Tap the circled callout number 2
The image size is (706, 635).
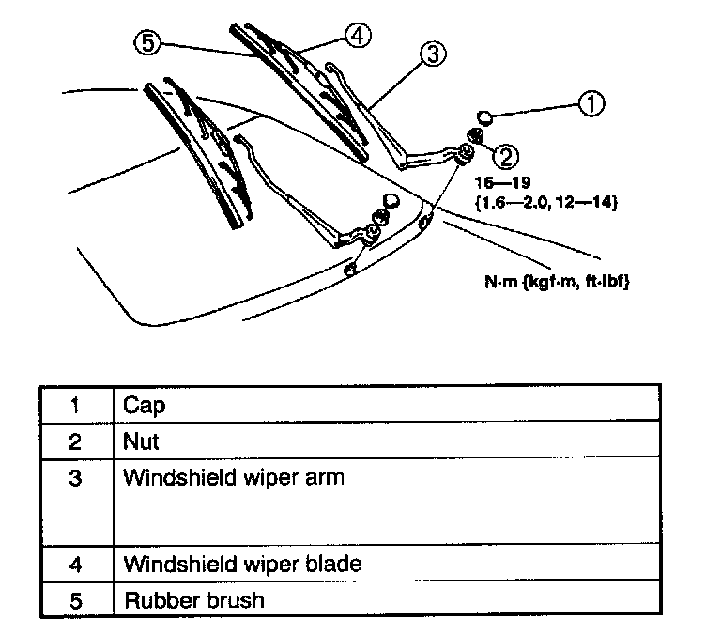point(505,153)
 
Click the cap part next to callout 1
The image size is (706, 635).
point(484,117)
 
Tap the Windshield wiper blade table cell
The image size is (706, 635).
point(242,565)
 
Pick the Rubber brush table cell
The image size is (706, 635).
point(193,599)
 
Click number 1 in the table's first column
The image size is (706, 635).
point(76,405)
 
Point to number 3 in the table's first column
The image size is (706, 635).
point(76,477)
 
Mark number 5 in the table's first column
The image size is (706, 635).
point(76,599)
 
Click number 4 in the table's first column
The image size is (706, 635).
point(76,565)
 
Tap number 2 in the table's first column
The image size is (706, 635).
point(76,441)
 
